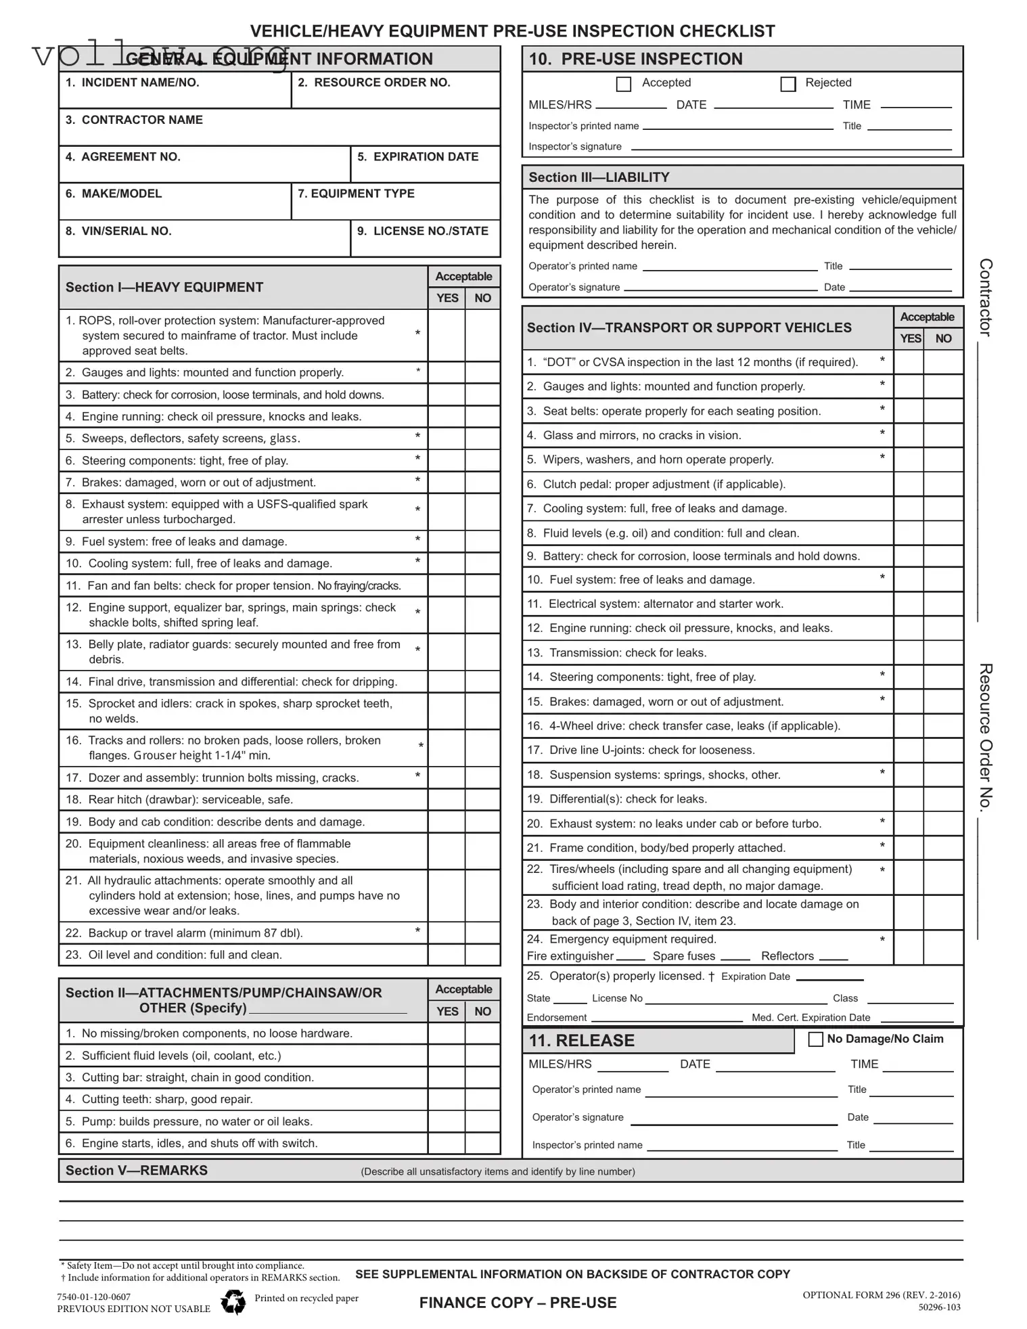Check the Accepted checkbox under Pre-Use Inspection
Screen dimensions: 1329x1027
pos(624,84)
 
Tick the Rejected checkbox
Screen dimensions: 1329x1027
pos(788,84)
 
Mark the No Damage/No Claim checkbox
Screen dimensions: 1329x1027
pos(816,1039)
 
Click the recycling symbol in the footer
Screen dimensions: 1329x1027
pos(233,1301)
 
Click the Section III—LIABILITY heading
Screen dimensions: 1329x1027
pos(599,177)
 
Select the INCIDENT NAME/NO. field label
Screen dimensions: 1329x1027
pos(132,83)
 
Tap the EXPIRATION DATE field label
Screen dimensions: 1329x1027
pos(417,157)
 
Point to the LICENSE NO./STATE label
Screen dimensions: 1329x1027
pos(422,231)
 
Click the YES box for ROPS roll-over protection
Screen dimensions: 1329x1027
pos(447,335)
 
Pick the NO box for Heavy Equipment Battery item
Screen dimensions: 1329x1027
pos(482,395)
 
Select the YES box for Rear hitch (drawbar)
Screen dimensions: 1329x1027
pos(447,800)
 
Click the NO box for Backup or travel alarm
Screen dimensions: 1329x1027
pos(482,933)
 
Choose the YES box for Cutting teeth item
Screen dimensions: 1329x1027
pos(447,1100)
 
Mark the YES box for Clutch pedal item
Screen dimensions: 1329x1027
pos(909,485)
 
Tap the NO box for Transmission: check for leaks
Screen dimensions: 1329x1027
pos(943,653)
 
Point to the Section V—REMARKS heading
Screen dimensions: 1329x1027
pos(137,1171)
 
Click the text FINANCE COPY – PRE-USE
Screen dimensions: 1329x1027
pos(518,1303)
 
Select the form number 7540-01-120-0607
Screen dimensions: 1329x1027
pos(94,1297)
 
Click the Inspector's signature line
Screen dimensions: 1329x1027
pos(791,148)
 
